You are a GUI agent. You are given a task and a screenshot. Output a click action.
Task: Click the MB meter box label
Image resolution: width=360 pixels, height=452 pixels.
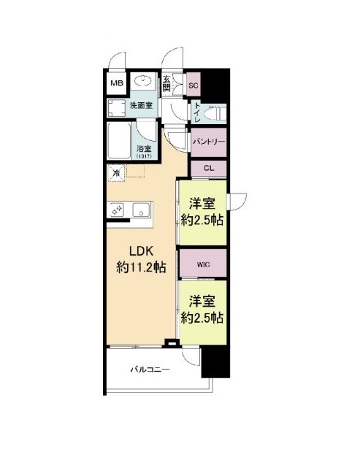pyautogui.click(x=117, y=83)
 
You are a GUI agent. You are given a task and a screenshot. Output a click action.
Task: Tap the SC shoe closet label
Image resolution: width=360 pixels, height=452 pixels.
pyautogui.click(x=194, y=85)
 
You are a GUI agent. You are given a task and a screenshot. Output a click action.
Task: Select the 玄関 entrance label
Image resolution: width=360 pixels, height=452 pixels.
pyautogui.click(x=166, y=83)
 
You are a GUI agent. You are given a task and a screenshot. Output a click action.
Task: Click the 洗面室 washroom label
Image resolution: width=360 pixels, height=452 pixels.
pyautogui.click(x=141, y=105)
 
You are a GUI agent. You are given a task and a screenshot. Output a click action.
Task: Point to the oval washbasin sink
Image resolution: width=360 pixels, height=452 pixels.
pyautogui.click(x=143, y=80)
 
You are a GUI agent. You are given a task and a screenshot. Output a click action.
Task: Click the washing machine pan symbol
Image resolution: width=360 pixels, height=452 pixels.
pyautogui.click(x=117, y=108)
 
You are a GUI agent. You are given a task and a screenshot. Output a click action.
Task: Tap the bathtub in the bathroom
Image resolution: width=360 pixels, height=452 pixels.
pyautogui.click(x=119, y=141)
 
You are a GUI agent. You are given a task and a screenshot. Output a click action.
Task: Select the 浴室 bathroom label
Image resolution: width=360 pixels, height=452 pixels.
pyautogui.click(x=144, y=149)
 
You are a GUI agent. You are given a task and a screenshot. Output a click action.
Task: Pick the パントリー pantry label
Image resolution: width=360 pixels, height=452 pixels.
pyautogui.click(x=209, y=142)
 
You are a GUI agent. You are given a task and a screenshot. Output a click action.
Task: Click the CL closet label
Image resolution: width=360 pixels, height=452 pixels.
pyautogui.click(x=209, y=169)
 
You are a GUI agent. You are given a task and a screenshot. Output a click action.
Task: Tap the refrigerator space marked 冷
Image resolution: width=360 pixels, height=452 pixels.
pyautogui.click(x=116, y=173)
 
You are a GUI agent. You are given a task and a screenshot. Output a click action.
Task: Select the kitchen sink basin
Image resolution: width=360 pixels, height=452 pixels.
pyautogui.click(x=141, y=210)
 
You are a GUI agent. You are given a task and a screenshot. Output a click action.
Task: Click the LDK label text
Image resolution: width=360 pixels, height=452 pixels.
pyautogui.click(x=141, y=251)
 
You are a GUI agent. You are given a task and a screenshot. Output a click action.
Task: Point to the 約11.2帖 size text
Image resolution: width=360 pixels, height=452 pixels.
pyautogui.click(x=141, y=268)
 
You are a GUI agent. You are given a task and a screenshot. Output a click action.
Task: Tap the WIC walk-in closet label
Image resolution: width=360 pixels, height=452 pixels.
pyautogui.click(x=203, y=264)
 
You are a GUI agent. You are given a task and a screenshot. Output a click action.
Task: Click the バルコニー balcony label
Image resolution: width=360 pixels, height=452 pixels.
pyautogui.click(x=150, y=369)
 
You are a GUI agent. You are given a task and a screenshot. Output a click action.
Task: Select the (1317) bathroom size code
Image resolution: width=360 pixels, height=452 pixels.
pyautogui.click(x=144, y=156)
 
